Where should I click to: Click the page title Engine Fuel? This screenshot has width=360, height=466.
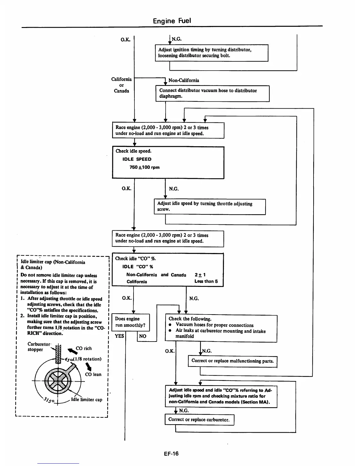[x=172, y=21]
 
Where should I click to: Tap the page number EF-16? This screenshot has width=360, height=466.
[x=171, y=453]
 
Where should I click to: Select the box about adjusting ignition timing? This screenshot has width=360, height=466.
[x=211, y=53]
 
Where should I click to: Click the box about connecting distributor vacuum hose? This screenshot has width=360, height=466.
[x=212, y=94]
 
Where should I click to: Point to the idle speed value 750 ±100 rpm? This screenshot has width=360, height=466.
[x=144, y=167]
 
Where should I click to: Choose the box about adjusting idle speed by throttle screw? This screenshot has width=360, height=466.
[x=209, y=207]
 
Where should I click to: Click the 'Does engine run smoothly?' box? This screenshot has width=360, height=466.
[x=130, y=322]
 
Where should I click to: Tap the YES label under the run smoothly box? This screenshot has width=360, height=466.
[x=119, y=336]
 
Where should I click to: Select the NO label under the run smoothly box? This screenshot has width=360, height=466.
[x=143, y=336]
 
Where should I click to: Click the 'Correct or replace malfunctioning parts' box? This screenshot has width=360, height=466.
[x=232, y=361]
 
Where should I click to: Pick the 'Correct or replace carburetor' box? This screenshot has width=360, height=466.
[x=199, y=420]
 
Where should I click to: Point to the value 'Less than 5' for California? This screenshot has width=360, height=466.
[x=206, y=281]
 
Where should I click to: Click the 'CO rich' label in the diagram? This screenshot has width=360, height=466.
[x=84, y=349]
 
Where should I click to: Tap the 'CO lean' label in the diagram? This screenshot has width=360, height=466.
[x=93, y=375]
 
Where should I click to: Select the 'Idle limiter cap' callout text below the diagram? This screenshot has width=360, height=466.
[x=86, y=400]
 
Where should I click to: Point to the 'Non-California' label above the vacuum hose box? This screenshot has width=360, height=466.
[x=184, y=80]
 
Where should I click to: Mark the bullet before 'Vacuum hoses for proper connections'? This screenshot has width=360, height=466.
[x=170, y=325]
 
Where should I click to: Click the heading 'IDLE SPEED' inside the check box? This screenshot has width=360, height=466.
[x=137, y=159]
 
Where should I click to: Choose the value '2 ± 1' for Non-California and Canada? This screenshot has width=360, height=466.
[x=200, y=275]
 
